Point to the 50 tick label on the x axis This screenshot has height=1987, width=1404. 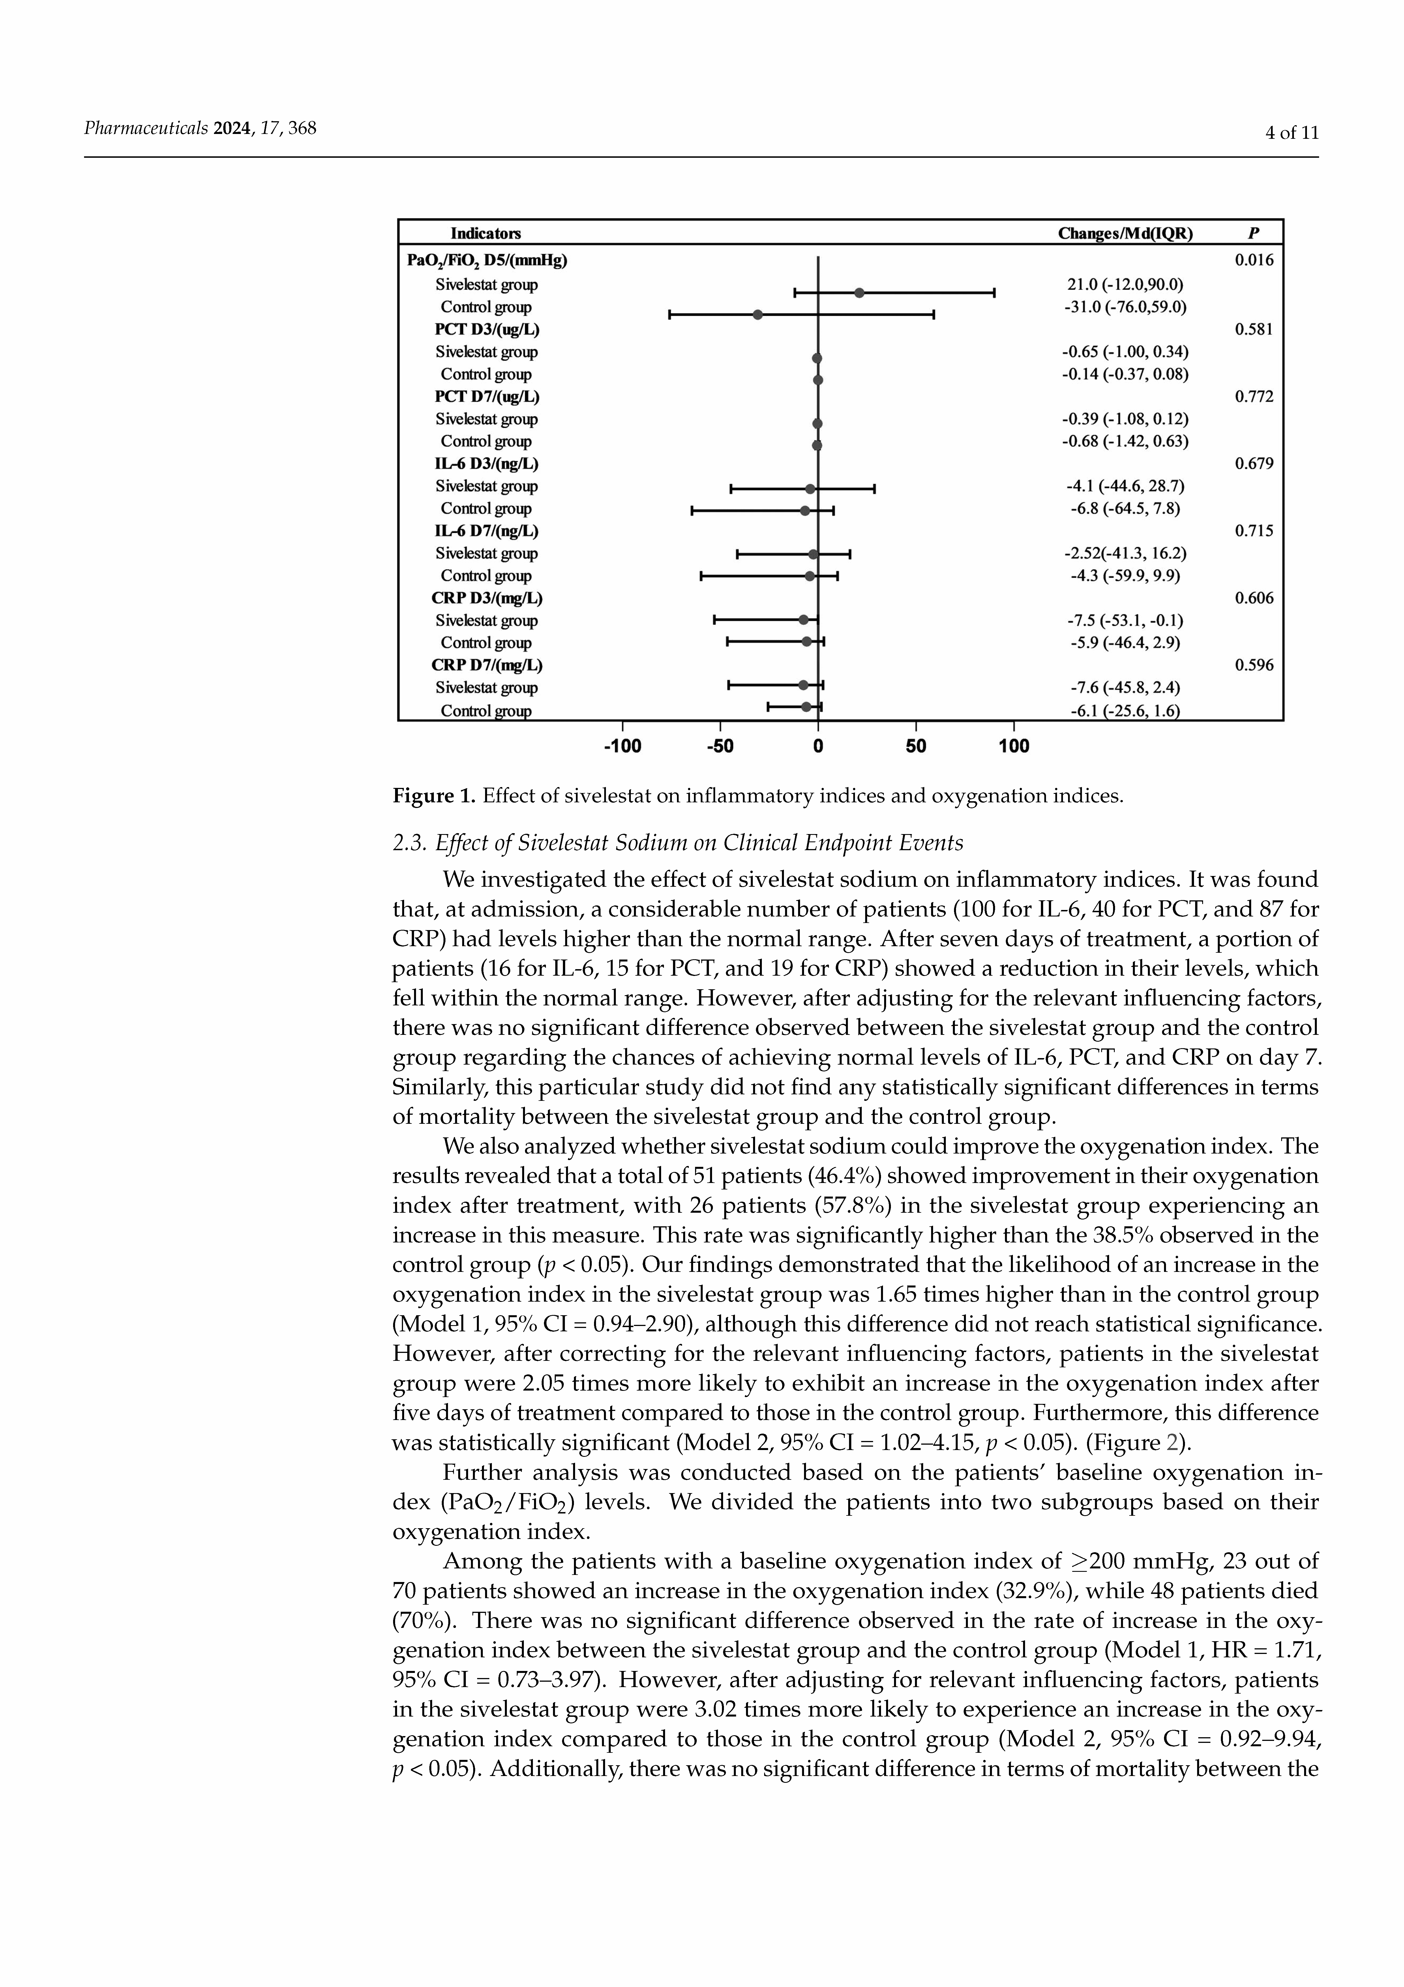pos(916,746)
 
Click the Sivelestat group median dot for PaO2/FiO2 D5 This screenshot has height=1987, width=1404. pos(859,293)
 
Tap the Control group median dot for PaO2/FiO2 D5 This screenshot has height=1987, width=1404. pos(758,314)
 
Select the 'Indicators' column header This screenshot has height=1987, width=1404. pos(485,234)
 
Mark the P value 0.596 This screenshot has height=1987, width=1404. pos(1253,666)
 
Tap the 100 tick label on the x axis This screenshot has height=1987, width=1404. pos(1014,746)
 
